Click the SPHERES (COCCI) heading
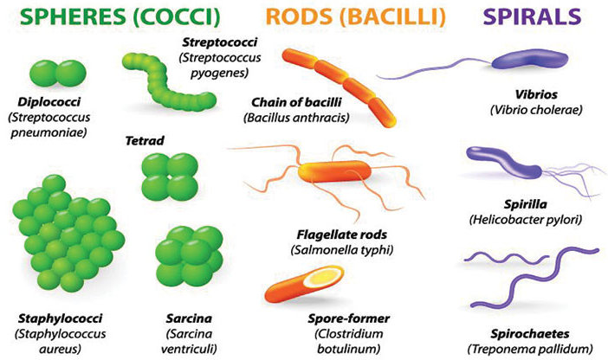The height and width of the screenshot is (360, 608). pyautogui.click(x=120, y=16)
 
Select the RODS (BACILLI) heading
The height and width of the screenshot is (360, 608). pyautogui.click(x=356, y=16)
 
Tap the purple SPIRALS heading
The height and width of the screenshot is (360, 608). pyautogui.click(x=532, y=16)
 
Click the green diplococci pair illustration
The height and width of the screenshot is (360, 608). pyautogui.click(x=58, y=74)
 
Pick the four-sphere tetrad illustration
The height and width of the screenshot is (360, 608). pyautogui.click(x=170, y=177)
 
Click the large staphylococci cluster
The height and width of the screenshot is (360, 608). pyautogui.click(x=68, y=234)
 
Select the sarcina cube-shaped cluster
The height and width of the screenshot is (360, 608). pyautogui.click(x=190, y=256)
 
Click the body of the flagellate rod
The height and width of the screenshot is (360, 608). pyautogui.click(x=334, y=170)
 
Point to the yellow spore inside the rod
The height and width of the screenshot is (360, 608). pyautogui.click(x=322, y=277)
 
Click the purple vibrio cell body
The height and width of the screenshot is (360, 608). pyautogui.click(x=530, y=60)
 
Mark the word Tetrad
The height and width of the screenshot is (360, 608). pyautogui.click(x=145, y=141)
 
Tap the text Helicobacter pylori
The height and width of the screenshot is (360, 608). pyautogui.click(x=526, y=220)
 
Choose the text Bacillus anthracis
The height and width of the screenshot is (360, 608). pyautogui.click(x=296, y=118)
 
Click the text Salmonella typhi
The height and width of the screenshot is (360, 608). pyautogui.click(x=342, y=250)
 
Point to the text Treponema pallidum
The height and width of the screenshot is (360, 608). pyautogui.click(x=530, y=349)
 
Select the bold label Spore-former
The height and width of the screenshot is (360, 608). pyautogui.click(x=348, y=318)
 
